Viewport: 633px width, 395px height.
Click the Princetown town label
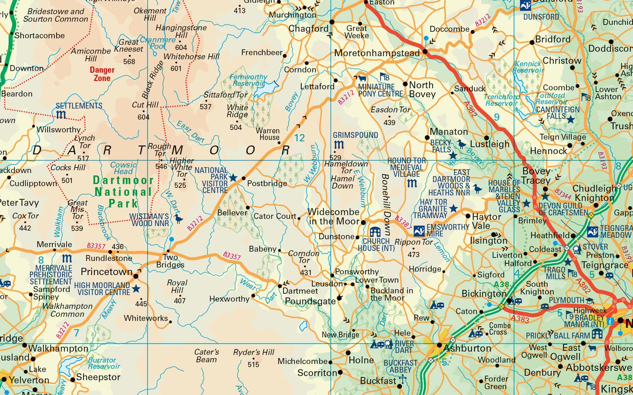pos(106,271)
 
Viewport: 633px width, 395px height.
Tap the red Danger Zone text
pos(102,74)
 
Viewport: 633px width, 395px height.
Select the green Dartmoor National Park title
pos(123,192)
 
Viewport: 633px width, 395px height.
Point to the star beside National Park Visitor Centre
pos(233,178)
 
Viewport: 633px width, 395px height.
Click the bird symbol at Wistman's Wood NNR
pos(179,219)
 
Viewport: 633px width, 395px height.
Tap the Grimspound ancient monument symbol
pos(339,145)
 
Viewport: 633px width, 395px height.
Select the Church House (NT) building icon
pos(375,232)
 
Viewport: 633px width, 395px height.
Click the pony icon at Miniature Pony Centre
pos(362,78)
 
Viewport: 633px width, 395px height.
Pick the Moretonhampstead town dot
pos(425,52)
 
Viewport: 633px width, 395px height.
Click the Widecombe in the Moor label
pos(333,216)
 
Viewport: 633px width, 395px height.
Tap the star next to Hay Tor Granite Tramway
pos(453,208)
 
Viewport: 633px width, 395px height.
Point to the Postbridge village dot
pos(243,179)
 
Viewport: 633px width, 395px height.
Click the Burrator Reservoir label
pos(104,363)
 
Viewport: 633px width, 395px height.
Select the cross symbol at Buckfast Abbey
pos(402,379)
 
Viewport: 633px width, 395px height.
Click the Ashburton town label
pos(467,348)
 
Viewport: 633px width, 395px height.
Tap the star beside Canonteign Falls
pos(571,119)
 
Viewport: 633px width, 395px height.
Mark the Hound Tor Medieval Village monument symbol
pos(412,183)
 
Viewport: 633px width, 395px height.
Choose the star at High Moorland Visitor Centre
pos(136,289)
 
